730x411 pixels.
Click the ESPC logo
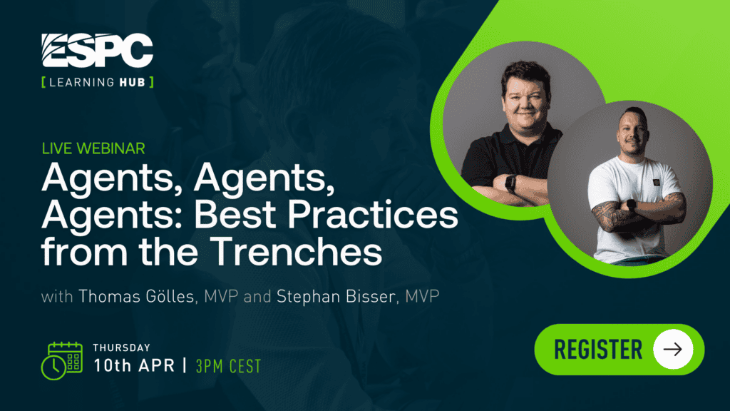click(97, 51)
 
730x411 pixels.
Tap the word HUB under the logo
click(132, 83)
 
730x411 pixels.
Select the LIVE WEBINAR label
click(93, 148)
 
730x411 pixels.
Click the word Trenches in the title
click(296, 252)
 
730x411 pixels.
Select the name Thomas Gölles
click(136, 296)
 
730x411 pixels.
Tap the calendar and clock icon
click(62, 360)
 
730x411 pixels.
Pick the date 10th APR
click(134, 365)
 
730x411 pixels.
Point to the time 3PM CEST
click(228, 366)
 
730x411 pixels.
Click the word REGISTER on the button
click(598, 350)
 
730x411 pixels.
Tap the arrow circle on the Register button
click(673, 350)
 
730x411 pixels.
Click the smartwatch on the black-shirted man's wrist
click(510, 183)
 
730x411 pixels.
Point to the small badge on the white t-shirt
click(656, 182)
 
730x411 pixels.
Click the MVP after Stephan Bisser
click(422, 296)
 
